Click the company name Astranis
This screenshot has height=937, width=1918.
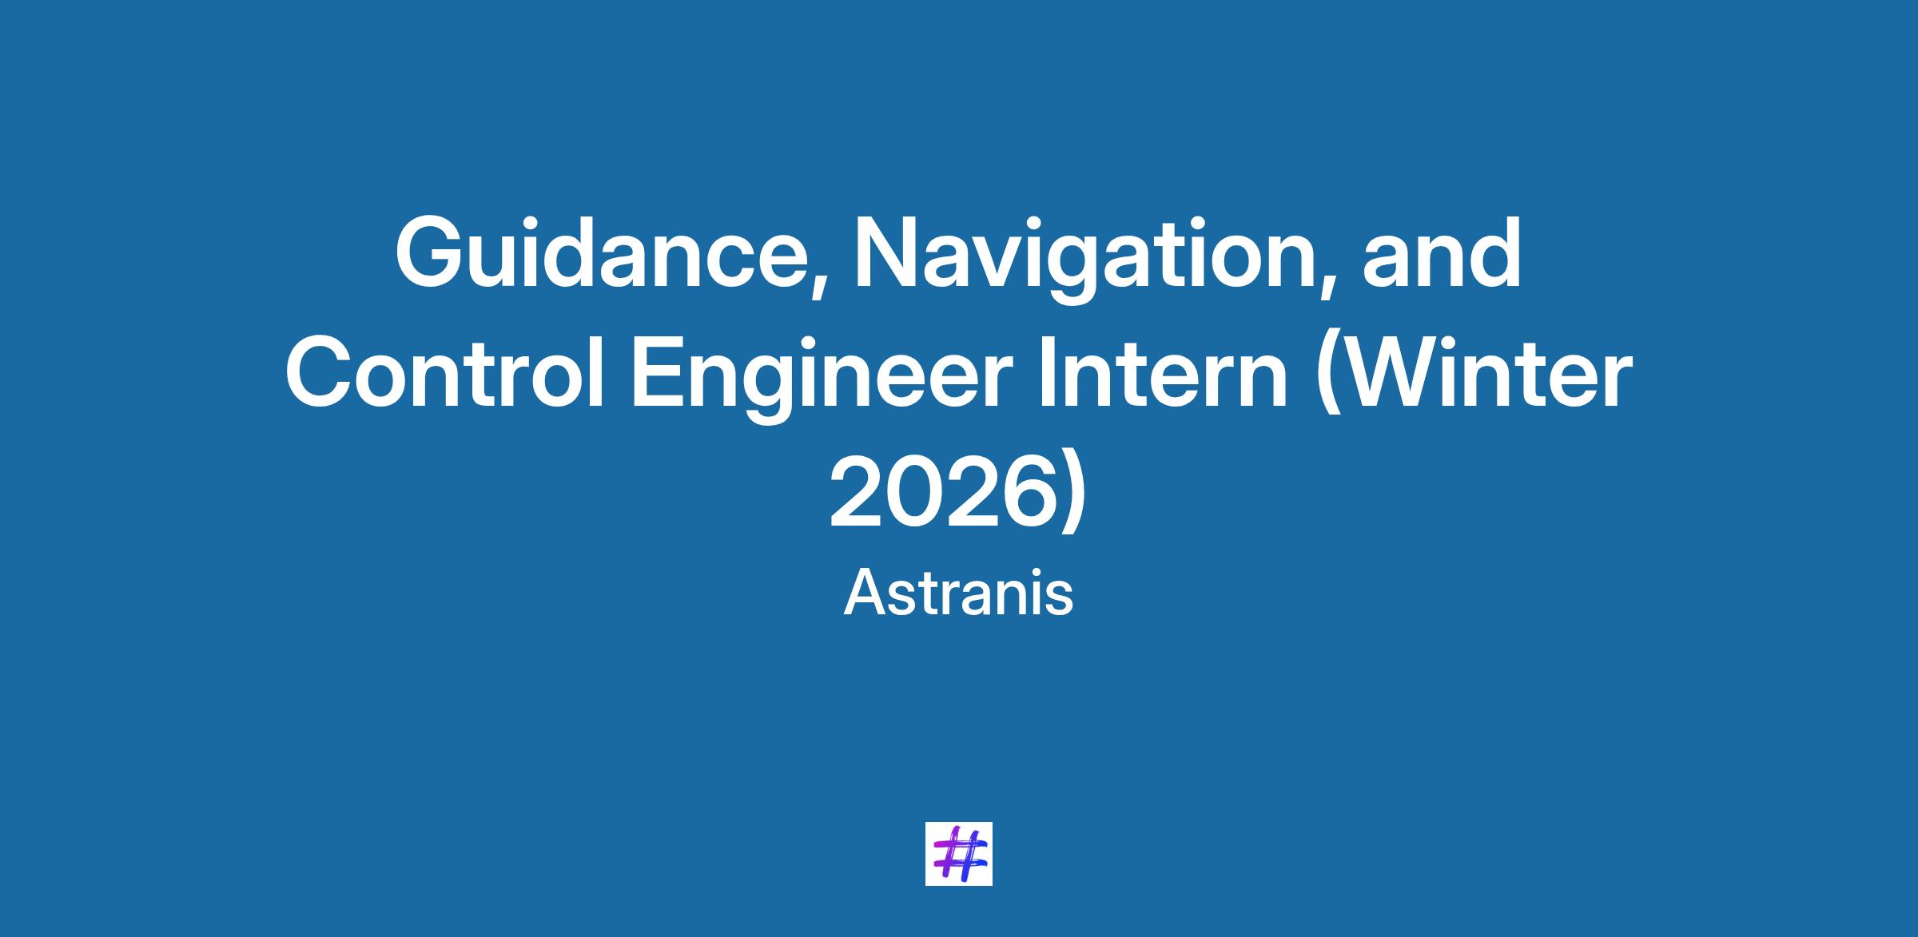(958, 594)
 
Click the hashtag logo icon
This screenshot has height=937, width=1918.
(959, 853)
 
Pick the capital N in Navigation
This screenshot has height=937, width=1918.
(887, 252)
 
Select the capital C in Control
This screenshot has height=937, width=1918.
(319, 371)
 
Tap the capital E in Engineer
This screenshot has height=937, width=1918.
(659, 371)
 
